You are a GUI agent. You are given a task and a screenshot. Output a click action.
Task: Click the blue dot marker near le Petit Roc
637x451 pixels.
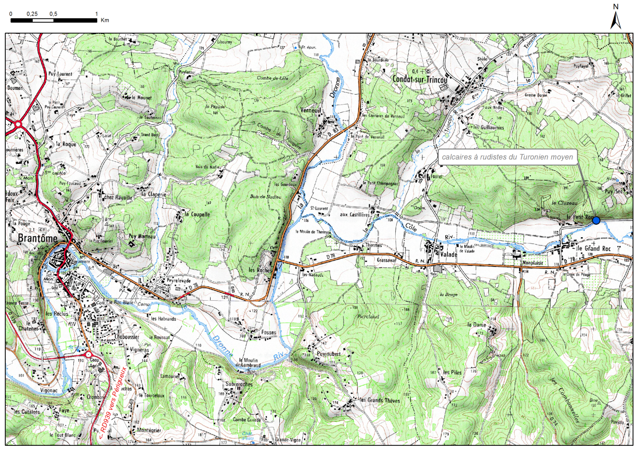(x=596, y=221)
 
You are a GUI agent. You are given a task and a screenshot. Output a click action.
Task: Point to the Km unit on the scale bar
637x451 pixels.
(x=105, y=20)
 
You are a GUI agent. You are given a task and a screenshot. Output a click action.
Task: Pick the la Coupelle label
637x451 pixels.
(x=198, y=214)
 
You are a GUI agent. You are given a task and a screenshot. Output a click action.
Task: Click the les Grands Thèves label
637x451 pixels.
(x=381, y=401)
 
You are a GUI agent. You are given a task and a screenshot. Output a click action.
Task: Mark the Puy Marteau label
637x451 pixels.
(x=143, y=235)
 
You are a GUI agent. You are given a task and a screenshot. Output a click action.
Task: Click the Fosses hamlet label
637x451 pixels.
(x=269, y=332)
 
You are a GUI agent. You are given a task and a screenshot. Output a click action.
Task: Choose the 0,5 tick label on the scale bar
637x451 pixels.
(x=53, y=13)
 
